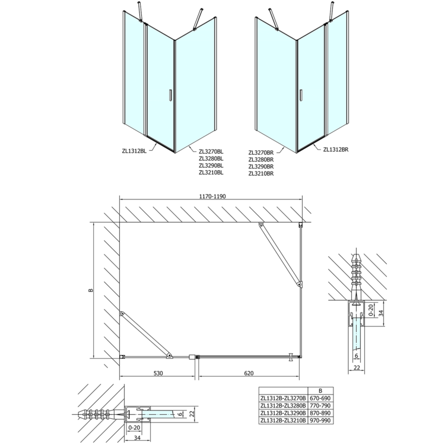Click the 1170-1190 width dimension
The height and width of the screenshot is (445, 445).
click(214, 196)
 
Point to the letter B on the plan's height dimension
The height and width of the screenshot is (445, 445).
click(90, 290)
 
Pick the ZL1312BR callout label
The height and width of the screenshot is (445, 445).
click(336, 150)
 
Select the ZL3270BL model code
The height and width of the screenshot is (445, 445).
click(211, 151)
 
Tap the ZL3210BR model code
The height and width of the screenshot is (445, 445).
click(261, 173)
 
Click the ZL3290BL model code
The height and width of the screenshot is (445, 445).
click(211, 166)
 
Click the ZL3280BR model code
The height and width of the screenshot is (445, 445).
click(261, 160)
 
